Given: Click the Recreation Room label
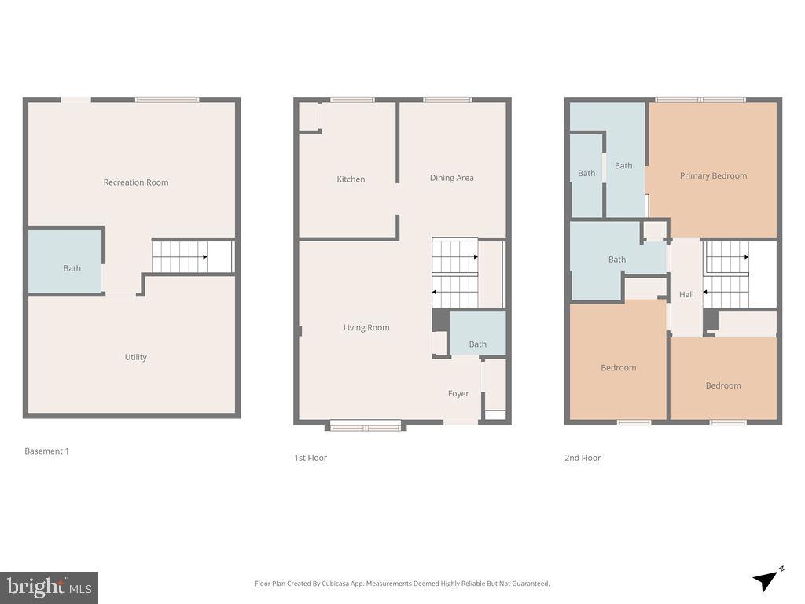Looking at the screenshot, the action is click(136, 182).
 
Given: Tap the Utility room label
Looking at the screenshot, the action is click(136, 357).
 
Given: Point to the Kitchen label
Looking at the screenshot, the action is click(351, 179).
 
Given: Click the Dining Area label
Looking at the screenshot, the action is click(452, 178).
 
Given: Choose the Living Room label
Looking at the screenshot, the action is click(366, 328).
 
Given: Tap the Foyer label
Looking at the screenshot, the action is click(458, 393).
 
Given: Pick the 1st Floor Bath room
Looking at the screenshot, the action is click(478, 333).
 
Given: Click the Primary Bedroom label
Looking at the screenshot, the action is click(714, 175).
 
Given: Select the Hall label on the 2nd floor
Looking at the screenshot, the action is click(686, 294).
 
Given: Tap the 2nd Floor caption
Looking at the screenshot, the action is click(583, 458).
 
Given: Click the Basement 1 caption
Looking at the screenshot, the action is click(46, 451).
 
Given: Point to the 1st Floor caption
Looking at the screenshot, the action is click(311, 458).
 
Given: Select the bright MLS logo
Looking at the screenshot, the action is click(50, 587).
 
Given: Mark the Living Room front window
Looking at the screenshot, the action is click(366, 425).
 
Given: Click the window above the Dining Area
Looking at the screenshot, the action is click(447, 100).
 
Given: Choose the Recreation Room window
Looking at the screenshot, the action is click(167, 100).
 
